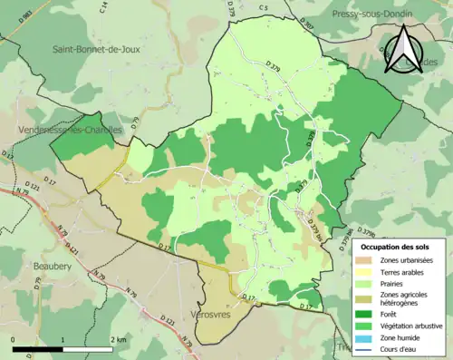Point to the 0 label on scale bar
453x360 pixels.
pyautogui.click(x=14, y=339)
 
